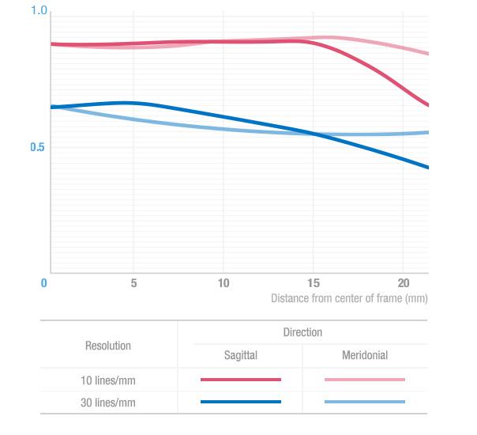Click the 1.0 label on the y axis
tap(39, 10)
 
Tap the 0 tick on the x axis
tap(44, 283)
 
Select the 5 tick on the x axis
tap(134, 283)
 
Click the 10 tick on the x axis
tap(223, 283)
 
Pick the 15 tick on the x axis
tap(314, 283)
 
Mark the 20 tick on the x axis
tap(403, 283)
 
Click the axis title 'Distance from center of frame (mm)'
tap(349, 299)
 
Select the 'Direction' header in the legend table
tap(302, 332)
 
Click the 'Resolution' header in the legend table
tap(108, 346)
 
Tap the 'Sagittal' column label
tap(240, 356)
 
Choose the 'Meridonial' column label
tap(365, 356)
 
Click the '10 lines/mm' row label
tap(108, 380)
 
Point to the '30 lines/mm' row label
tap(108, 403)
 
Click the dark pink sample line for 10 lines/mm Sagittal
tap(241, 380)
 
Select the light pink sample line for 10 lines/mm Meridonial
tap(365, 380)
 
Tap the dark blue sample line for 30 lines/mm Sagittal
tap(241, 402)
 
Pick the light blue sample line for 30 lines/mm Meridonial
tap(365, 402)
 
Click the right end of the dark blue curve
tap(427, 167)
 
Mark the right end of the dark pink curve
tap(427, 104)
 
